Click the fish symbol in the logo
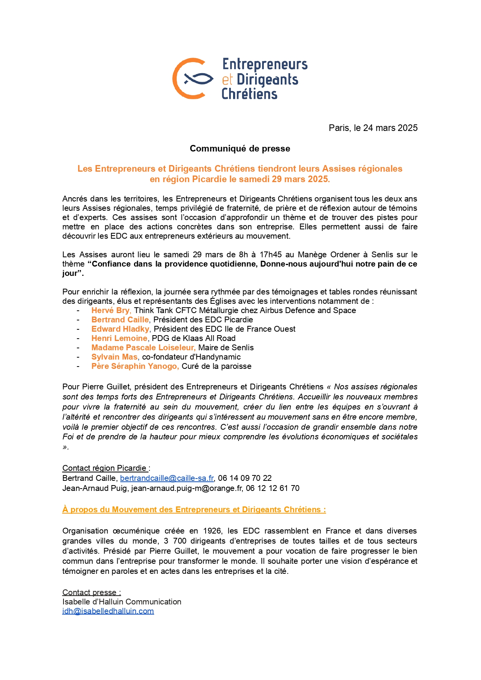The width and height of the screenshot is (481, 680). (x=198, y=79)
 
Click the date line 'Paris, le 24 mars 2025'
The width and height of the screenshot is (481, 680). (x=373, y=128)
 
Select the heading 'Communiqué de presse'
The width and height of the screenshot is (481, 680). (x=240, y=148)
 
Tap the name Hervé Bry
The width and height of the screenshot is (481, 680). (x=111, y=310)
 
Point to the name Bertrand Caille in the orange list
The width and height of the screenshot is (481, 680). (x=120, y=320)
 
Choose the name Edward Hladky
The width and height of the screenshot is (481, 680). (x=120, y=329)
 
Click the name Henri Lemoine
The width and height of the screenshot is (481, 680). (x=119, y=338)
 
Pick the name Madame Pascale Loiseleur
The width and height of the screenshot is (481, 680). (x=143, y=348)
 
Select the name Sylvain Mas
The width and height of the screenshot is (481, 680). (x=114, y=357)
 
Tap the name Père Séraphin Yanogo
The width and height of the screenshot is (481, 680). (x=135, y=366)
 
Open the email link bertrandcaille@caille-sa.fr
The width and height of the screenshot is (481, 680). (x=167, y=478)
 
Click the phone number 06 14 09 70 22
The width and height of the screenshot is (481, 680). (x=245, y=478)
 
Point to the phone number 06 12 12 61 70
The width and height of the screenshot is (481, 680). (x=273, y=488)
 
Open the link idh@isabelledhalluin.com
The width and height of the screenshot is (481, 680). (x=108, y=611)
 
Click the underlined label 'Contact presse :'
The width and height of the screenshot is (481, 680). (x=91, y=592)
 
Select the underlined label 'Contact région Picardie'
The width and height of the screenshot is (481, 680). (x=105, y=468)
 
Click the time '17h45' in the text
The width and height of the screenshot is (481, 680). (x=271, y=255)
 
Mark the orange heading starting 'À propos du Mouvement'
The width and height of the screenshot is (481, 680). (x=194, y=510)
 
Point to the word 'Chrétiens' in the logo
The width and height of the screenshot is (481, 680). (x=249, y=94)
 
